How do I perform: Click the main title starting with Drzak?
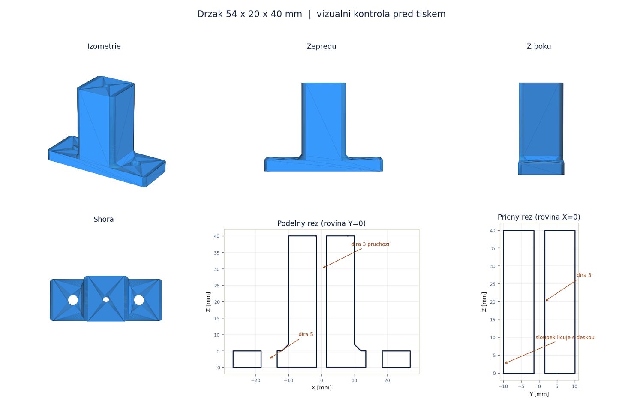[321, 14]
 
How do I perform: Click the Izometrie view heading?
[104, 46]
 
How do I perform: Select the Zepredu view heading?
[321, 46]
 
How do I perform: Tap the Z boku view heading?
[538, 46]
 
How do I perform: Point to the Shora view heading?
[103, 219]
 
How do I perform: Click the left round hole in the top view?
[73, 300]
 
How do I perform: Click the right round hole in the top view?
[139, 300]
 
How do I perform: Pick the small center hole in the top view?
[106, 300]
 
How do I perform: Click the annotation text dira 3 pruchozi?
[370, 244]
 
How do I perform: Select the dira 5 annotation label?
[306, 335]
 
